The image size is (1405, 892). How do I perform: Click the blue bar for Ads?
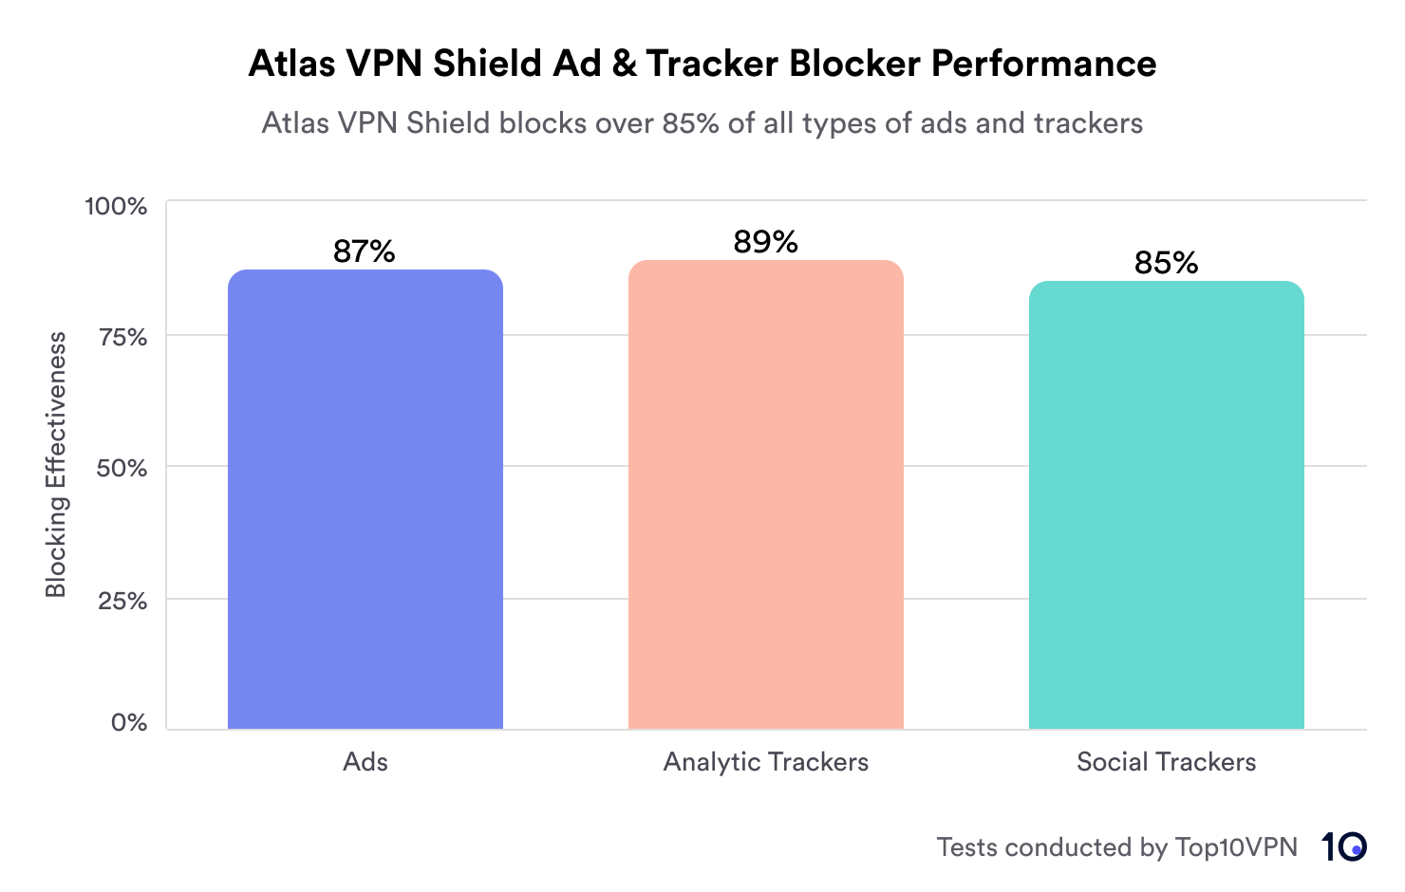[x=365, y=499]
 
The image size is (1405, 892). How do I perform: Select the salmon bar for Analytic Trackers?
[x=766, y=494]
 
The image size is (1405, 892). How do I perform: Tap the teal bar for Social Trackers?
[x=1166, y=505]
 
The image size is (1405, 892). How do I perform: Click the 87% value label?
[x=364, y=251]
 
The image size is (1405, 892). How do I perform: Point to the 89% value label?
[x=765, y=243]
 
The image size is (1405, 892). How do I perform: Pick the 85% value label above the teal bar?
[x=1166, y=263]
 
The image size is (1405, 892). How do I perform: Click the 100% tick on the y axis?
[x=117, y=206]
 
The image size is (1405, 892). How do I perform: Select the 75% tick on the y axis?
[x=123, y=337]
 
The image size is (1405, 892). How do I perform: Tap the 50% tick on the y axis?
[x=122, y=468]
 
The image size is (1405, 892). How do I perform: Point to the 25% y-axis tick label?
[x=122, y=601]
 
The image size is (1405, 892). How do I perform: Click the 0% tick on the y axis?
[x=129, y=723]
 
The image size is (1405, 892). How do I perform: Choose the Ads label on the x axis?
[x=365, y=762]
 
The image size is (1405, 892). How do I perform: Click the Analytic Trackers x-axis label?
[x=765, y=762]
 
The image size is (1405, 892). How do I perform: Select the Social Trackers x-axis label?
[x=1166, y=762]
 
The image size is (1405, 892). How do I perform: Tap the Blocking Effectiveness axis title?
[x=56, y=465]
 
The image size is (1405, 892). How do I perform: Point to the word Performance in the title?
[x=1043, y=64]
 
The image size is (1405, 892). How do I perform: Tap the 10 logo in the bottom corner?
[x=1343, y=846]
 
